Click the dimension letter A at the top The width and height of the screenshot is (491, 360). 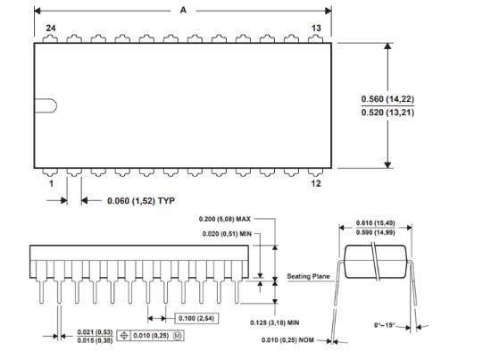(x=183, y=11)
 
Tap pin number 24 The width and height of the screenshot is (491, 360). (x=51, y=28)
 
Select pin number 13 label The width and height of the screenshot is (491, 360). (x=316, y=28)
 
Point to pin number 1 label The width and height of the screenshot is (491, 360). (x=51, y=183)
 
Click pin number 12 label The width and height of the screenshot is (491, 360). (x=316, y=183)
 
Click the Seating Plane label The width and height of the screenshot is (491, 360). (x=309, y=276)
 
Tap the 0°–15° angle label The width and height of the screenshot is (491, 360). (x=385, y=325)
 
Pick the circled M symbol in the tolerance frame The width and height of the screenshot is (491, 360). (x=178, y=336)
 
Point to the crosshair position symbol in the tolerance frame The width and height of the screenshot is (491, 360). (x=124, y=336)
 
